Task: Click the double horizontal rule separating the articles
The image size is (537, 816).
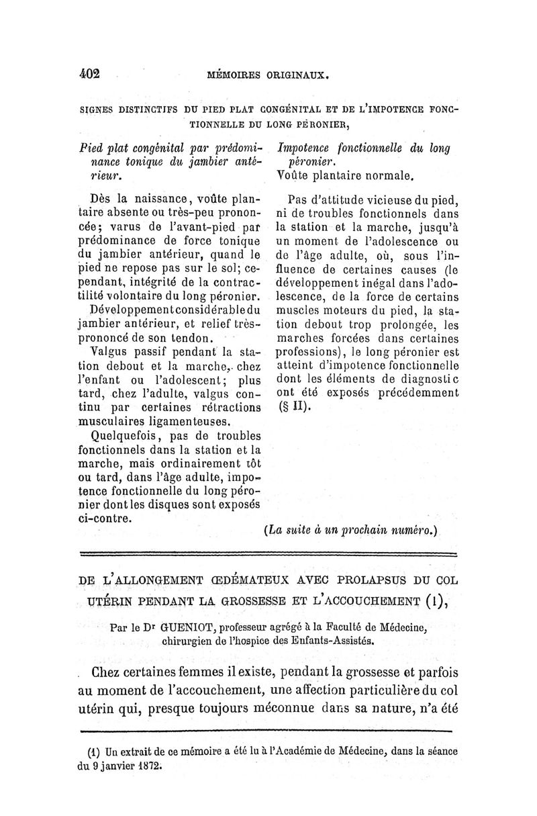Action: coord(268,554)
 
